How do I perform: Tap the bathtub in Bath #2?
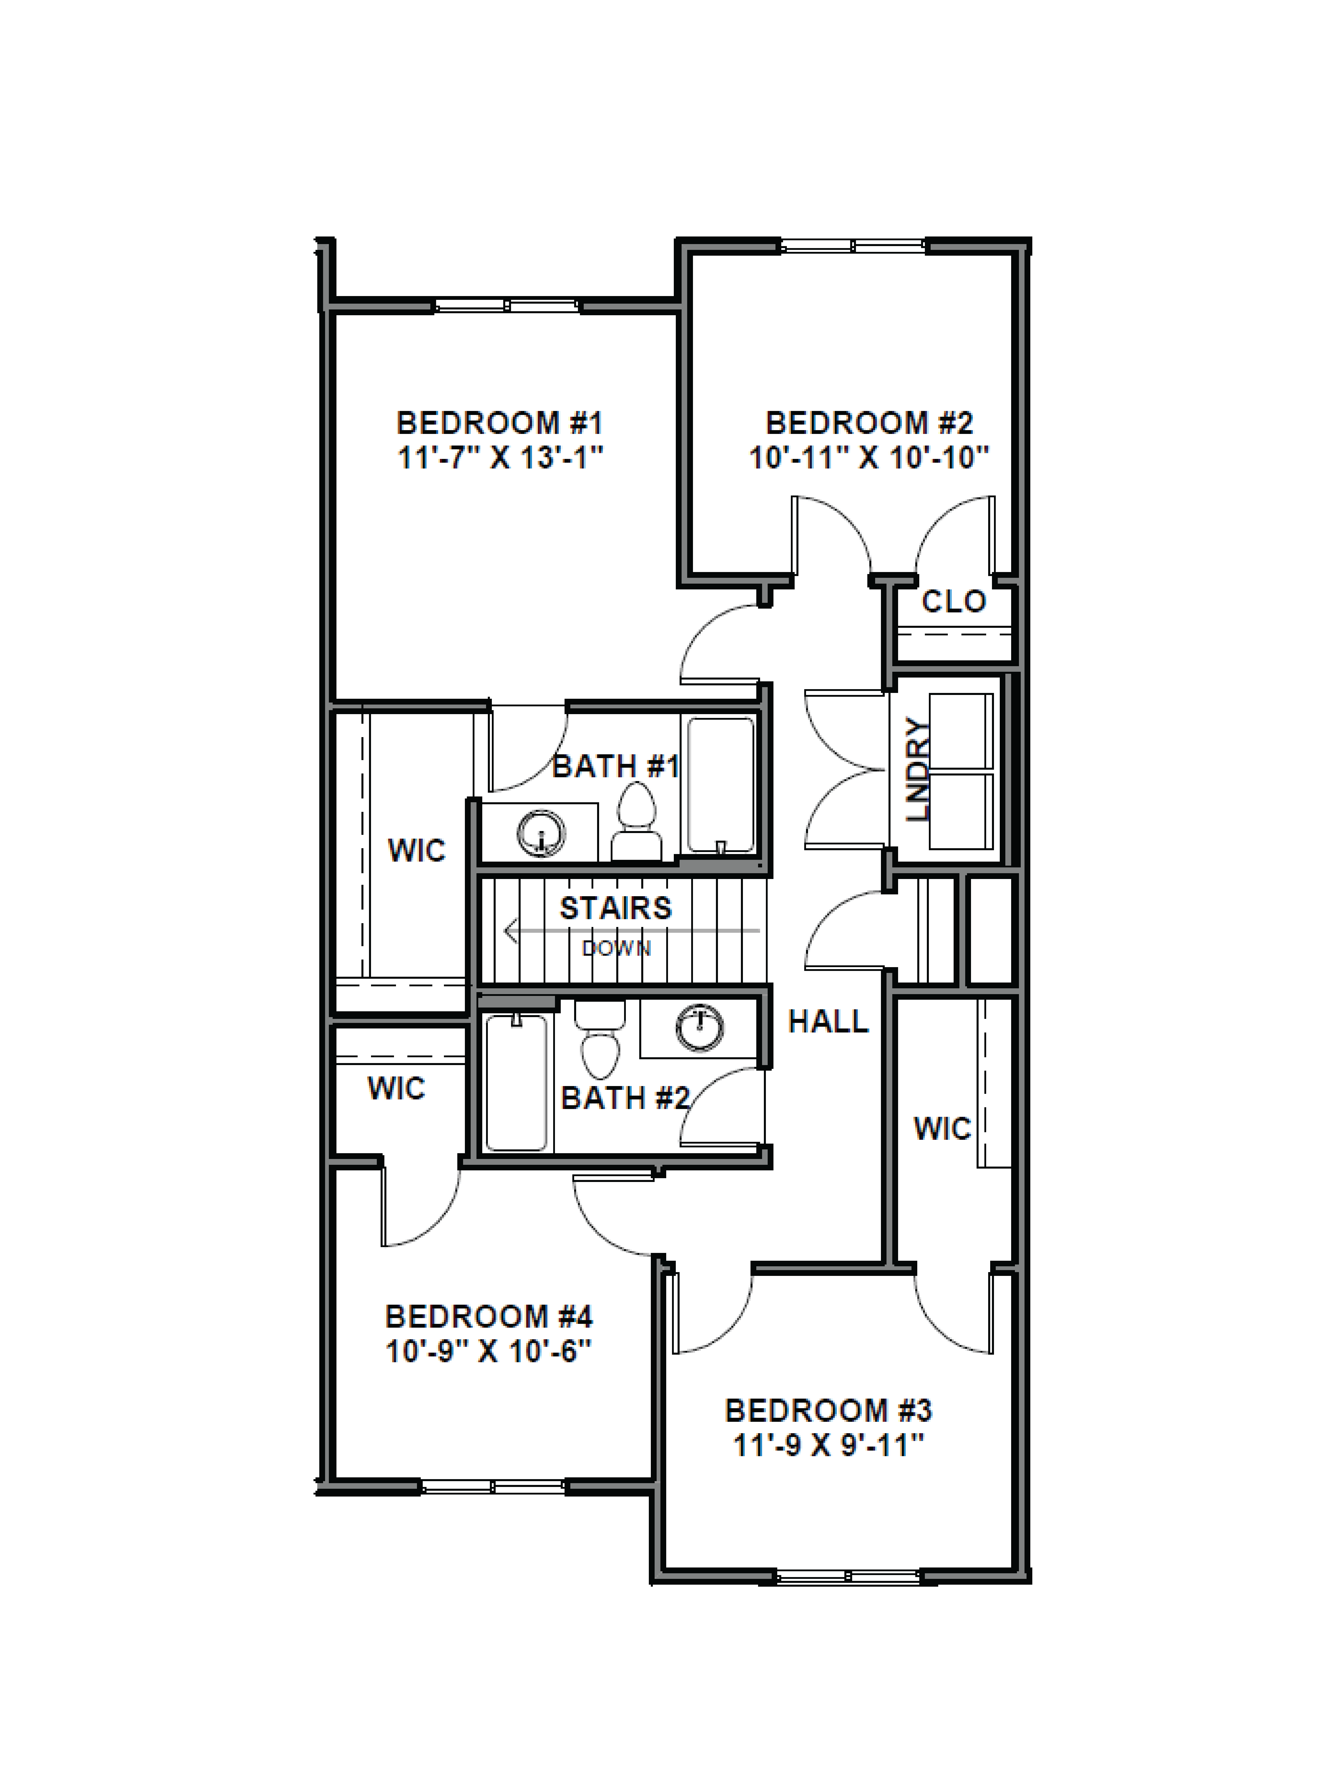coord(516,1081)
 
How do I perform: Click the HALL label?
coord(827,1022)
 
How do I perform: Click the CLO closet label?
coord(953,601)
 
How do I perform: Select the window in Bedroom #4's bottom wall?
coord(493,1486)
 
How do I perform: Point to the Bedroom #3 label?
coord(828,1411)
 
